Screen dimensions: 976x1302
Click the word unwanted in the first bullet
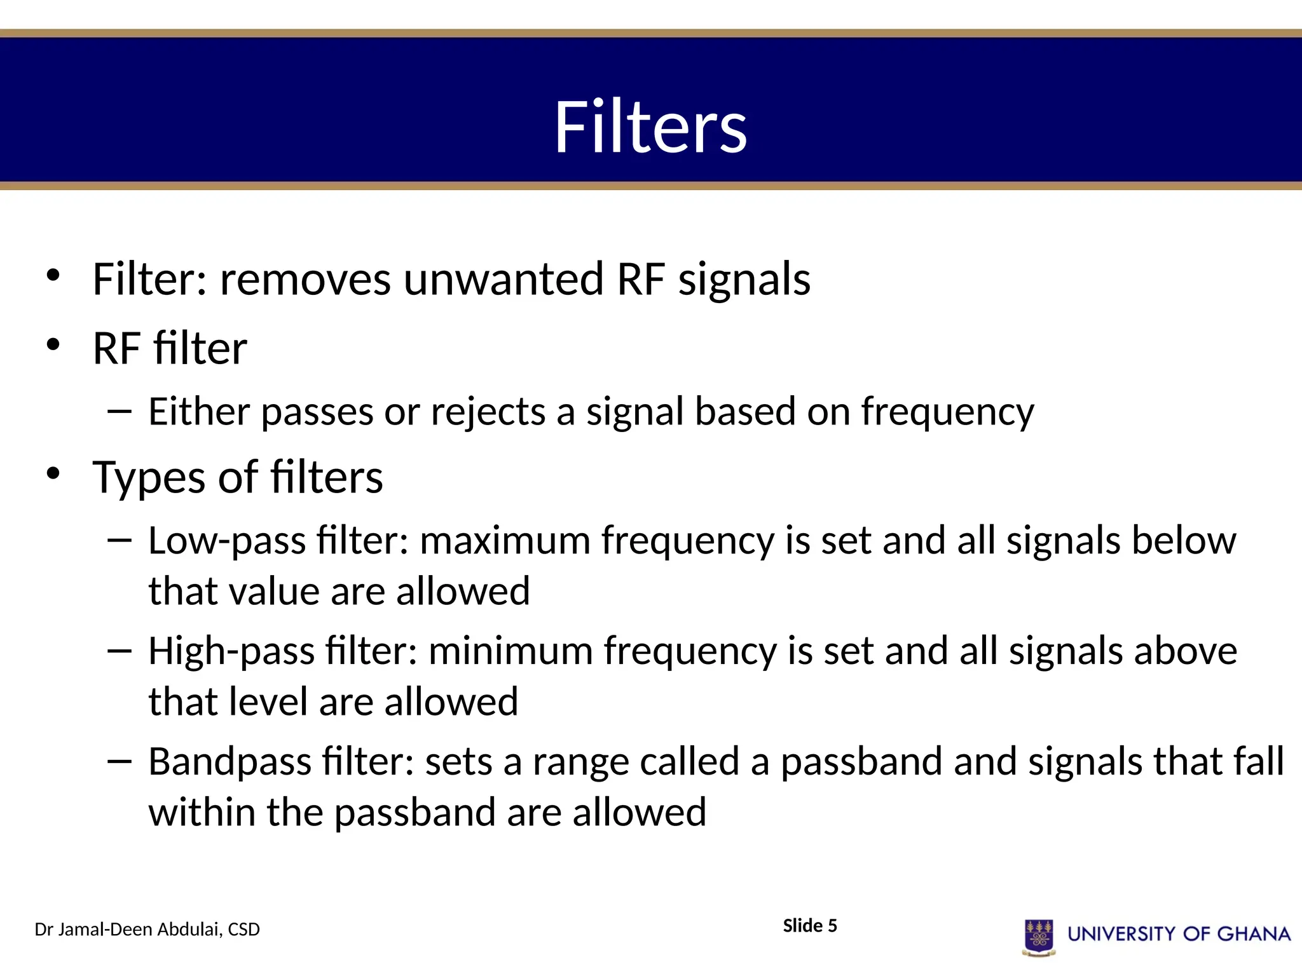[x=504, y=280]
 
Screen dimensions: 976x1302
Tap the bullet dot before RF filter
[x=53, y=344]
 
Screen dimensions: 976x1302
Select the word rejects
[x=488, y=412]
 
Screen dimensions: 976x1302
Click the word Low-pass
[x=227, y=541]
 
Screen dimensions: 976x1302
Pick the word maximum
[x=505, y=541]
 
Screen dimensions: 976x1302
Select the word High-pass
[x=231, y=652]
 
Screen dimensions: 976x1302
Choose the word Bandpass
[x=230, y=762]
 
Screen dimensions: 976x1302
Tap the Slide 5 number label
[x=809, y=926]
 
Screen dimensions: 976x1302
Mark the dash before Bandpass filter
[x=120, y=761]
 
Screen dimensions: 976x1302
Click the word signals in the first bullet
[x=744, y=280]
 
